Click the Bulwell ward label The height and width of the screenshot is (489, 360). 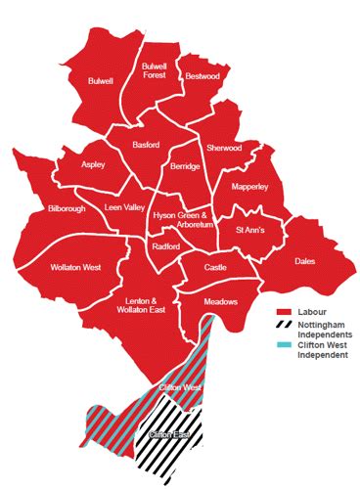[x=101, y=81]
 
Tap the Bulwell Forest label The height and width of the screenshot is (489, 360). [x=155, y=69]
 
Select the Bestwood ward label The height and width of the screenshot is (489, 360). [x=203, y=75]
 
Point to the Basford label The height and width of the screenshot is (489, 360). [x=153, y=146]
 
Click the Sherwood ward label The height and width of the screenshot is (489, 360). [x=224, y=148]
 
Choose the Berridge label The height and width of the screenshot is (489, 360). [x=185, y=167]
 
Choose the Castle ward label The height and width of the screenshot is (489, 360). [x=216, y=267]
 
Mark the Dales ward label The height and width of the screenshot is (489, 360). [x=305, y=261]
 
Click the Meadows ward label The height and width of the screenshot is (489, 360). [x=221, y=302]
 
